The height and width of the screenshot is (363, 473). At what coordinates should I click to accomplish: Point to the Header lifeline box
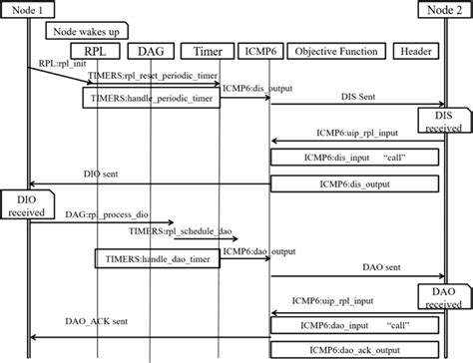414,51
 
